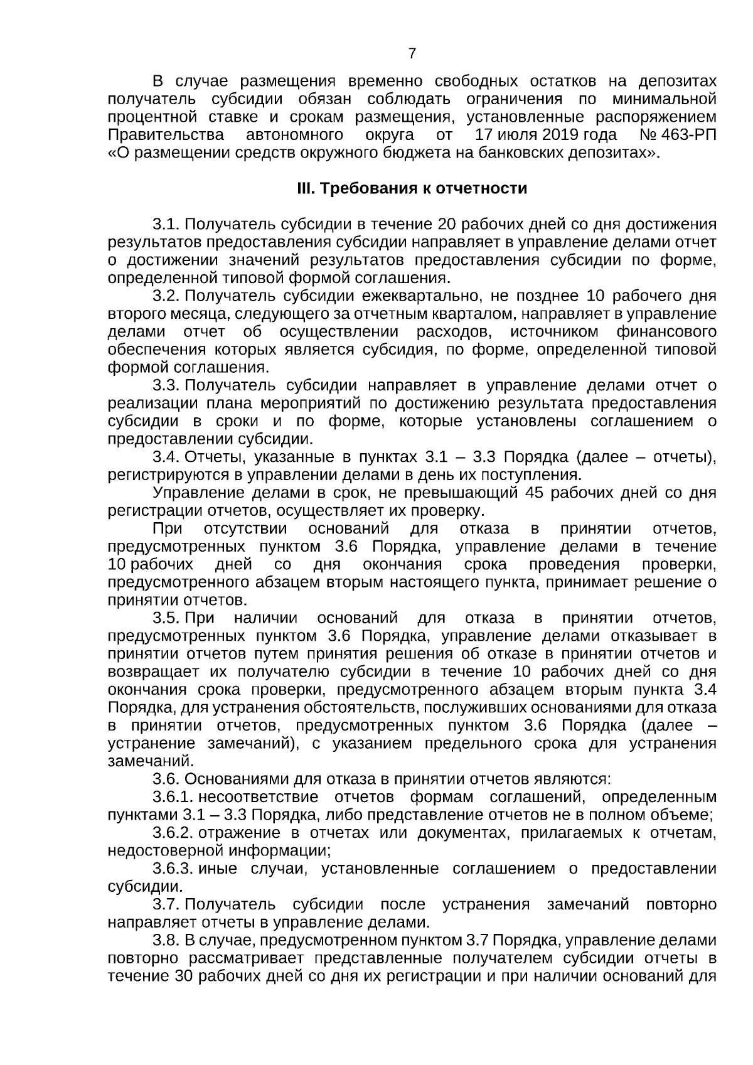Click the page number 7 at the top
[412, 54]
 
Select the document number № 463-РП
[678, 135]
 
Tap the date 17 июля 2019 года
[546, 135]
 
